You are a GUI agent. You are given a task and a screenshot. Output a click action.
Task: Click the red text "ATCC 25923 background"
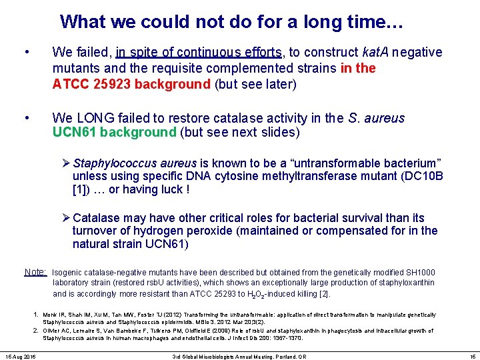coord(131,84)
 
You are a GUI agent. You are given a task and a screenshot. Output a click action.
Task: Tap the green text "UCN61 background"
coord(114,132)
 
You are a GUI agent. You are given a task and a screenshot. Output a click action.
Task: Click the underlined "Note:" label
coord(35,272)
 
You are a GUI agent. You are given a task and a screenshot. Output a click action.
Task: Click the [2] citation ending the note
coord(325,294)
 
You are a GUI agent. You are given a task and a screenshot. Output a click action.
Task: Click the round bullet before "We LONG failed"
coord(26,118)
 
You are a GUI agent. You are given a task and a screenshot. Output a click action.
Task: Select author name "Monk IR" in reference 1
coord(54,315)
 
